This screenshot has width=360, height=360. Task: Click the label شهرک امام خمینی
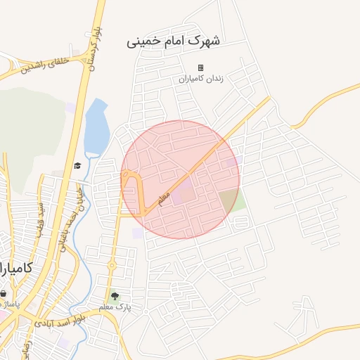point(173,41)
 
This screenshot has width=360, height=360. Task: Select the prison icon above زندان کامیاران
point(200,68)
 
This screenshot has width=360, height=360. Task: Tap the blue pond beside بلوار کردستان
point(96,127)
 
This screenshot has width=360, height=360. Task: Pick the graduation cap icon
point(76,166)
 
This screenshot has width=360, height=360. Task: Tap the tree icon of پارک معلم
point(115,297)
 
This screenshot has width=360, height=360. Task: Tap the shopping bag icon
point(4,294)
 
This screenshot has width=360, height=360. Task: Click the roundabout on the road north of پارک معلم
point(111,265)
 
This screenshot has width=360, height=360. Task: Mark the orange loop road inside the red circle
point(133,194)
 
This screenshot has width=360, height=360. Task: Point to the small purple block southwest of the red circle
point(136,233)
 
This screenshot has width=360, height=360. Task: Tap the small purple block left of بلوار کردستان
point(70,107)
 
